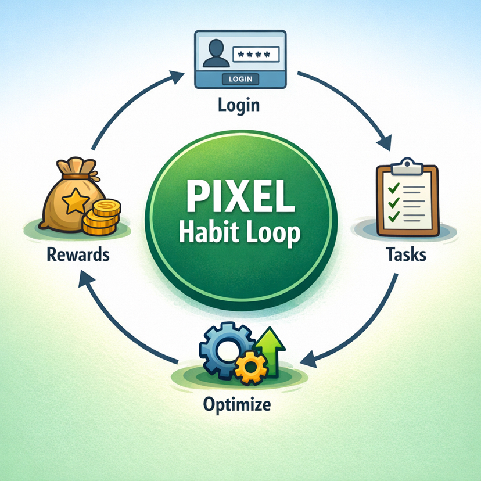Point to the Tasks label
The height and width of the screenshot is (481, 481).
[406, 254]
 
